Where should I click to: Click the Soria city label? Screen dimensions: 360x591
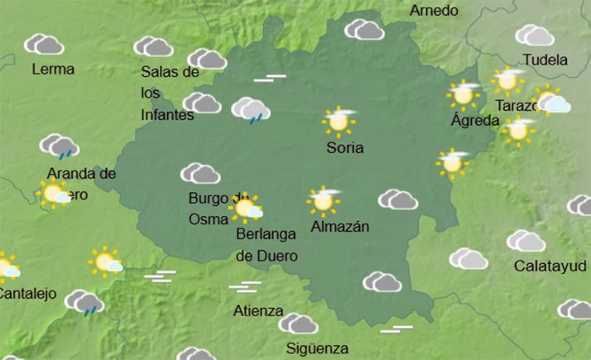(x=345, y=149)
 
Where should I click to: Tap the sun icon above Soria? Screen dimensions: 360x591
(x=339, y=122)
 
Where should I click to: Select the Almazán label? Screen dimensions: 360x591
(x=340, y=226)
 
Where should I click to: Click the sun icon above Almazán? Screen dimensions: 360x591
(x=323, y=199)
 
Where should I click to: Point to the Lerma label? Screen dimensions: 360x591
(x=53, y=70)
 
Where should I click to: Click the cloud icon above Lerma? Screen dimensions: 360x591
(x=44, y=44)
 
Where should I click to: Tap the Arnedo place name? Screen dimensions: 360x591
(x=434, y=11)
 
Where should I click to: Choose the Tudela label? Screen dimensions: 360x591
(x=545, y=60)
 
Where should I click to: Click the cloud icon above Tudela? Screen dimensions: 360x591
(x=535, y=36)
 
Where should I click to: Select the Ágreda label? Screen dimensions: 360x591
(x=475, y=121)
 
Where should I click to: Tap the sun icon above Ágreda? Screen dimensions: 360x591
(x=464, y=94)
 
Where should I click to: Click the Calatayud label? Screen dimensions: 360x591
(x=550, y=266)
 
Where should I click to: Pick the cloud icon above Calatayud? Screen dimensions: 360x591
(x=526, y=241)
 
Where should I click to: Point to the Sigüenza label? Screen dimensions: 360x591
(x=317, y=348)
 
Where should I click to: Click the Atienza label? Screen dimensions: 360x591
(x=258, y=312)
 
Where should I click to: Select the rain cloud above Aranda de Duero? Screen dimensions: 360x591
(x=60, y=146)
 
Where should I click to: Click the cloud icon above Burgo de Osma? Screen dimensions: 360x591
(x=200, y=173)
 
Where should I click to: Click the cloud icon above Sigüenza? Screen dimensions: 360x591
(x=298, y=324)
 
